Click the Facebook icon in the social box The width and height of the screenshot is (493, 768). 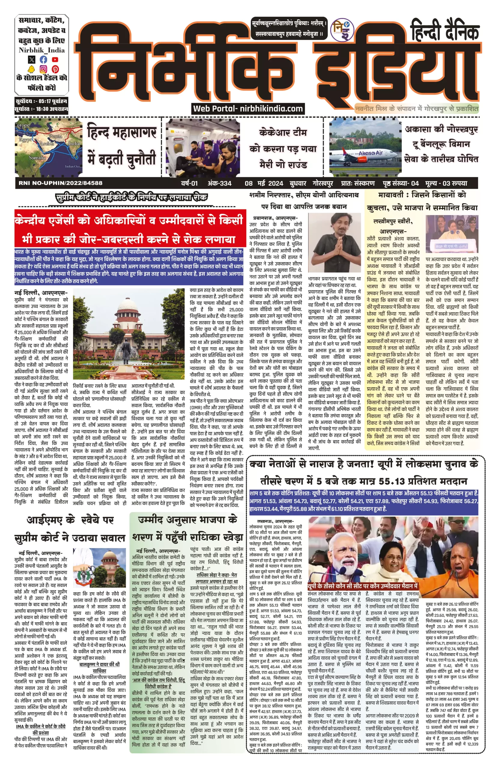point(44,59)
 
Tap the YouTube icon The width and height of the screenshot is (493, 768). point(55,59)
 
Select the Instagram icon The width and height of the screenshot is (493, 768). point(44,69)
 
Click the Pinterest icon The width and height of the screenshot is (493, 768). point(55,69)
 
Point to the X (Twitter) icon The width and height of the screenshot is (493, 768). point(32,59)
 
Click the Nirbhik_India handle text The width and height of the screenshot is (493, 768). point(42,50)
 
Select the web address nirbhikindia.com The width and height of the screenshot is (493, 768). point(271,109)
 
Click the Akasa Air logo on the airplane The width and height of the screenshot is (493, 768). point(371,153)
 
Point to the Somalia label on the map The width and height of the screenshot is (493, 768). point(37,157)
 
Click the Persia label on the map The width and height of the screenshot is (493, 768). point(56,136)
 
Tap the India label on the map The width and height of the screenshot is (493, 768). point(74,143)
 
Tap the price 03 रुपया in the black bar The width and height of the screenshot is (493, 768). point(455,183)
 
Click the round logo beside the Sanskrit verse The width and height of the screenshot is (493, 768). point(342,30)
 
